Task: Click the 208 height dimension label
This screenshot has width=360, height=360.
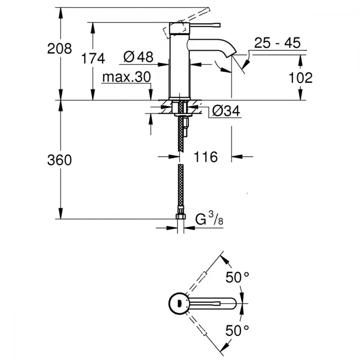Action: click(59, 48)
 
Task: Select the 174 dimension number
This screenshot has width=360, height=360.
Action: click(93, 58)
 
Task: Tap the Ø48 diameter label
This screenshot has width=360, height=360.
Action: click(138, 57)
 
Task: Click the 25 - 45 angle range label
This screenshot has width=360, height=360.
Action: click(277, 43)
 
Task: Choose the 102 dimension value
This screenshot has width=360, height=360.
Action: click(301, 77)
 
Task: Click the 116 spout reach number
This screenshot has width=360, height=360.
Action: click(206, 157)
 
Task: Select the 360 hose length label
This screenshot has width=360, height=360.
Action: click(59, 160)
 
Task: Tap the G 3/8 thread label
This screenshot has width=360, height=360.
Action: click(209, 219)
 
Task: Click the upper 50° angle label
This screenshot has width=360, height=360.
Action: click(238, 278)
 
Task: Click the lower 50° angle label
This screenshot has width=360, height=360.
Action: click(238, 330)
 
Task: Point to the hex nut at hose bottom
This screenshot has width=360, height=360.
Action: click(181, 217)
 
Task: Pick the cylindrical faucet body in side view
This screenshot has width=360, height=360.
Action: click(179, 65)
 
